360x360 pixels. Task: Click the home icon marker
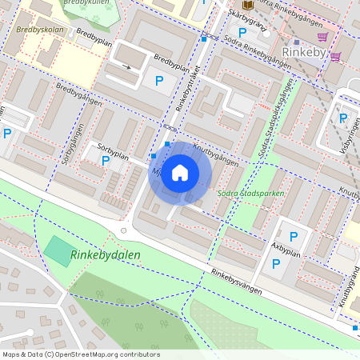coord(180,173)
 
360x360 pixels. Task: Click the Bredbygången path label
coord(78,102)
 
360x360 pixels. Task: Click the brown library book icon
coord(247,5)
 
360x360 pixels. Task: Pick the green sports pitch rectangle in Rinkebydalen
coord(57,252)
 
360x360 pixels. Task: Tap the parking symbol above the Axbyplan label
coord(293,236)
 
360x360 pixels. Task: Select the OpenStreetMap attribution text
coord(81,354)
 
